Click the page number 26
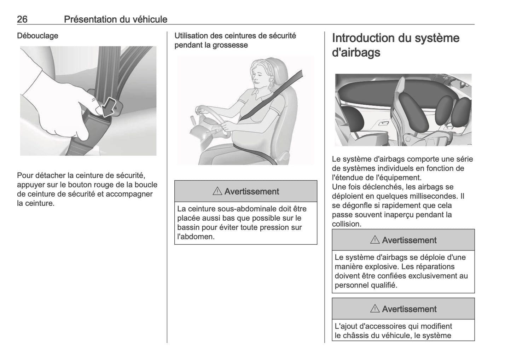[22, 19]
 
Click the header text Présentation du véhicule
[116, 19]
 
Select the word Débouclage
[37, 36]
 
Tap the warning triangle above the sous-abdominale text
[217, 192]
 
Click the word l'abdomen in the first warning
[196, 237]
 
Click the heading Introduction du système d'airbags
[395, 45]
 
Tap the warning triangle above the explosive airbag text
[374, 240]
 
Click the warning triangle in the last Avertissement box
[374, 309]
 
